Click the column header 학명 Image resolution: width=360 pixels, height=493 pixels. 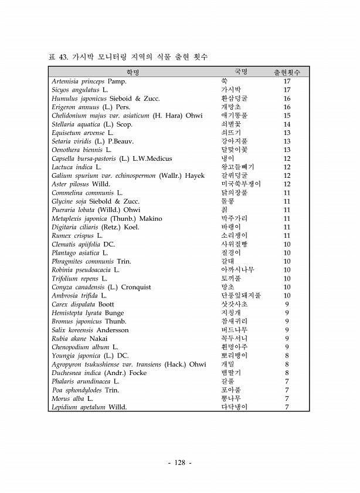pos(133,72)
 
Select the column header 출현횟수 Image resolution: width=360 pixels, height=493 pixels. pos(287,72)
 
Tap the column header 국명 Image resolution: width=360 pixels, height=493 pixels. pos(241,71)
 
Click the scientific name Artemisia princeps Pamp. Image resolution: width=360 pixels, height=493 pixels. pos(89,81)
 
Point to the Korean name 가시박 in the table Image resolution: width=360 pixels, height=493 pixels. pos(230,90)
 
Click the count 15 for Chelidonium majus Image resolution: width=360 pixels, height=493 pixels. pos(287,116)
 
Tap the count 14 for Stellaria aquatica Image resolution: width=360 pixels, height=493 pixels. pos(287,124)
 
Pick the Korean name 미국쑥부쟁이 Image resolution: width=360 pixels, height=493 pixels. pos(237,184)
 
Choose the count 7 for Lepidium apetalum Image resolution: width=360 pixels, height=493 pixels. pos(287,407)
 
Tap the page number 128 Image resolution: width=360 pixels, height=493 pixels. pos(180,462)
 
